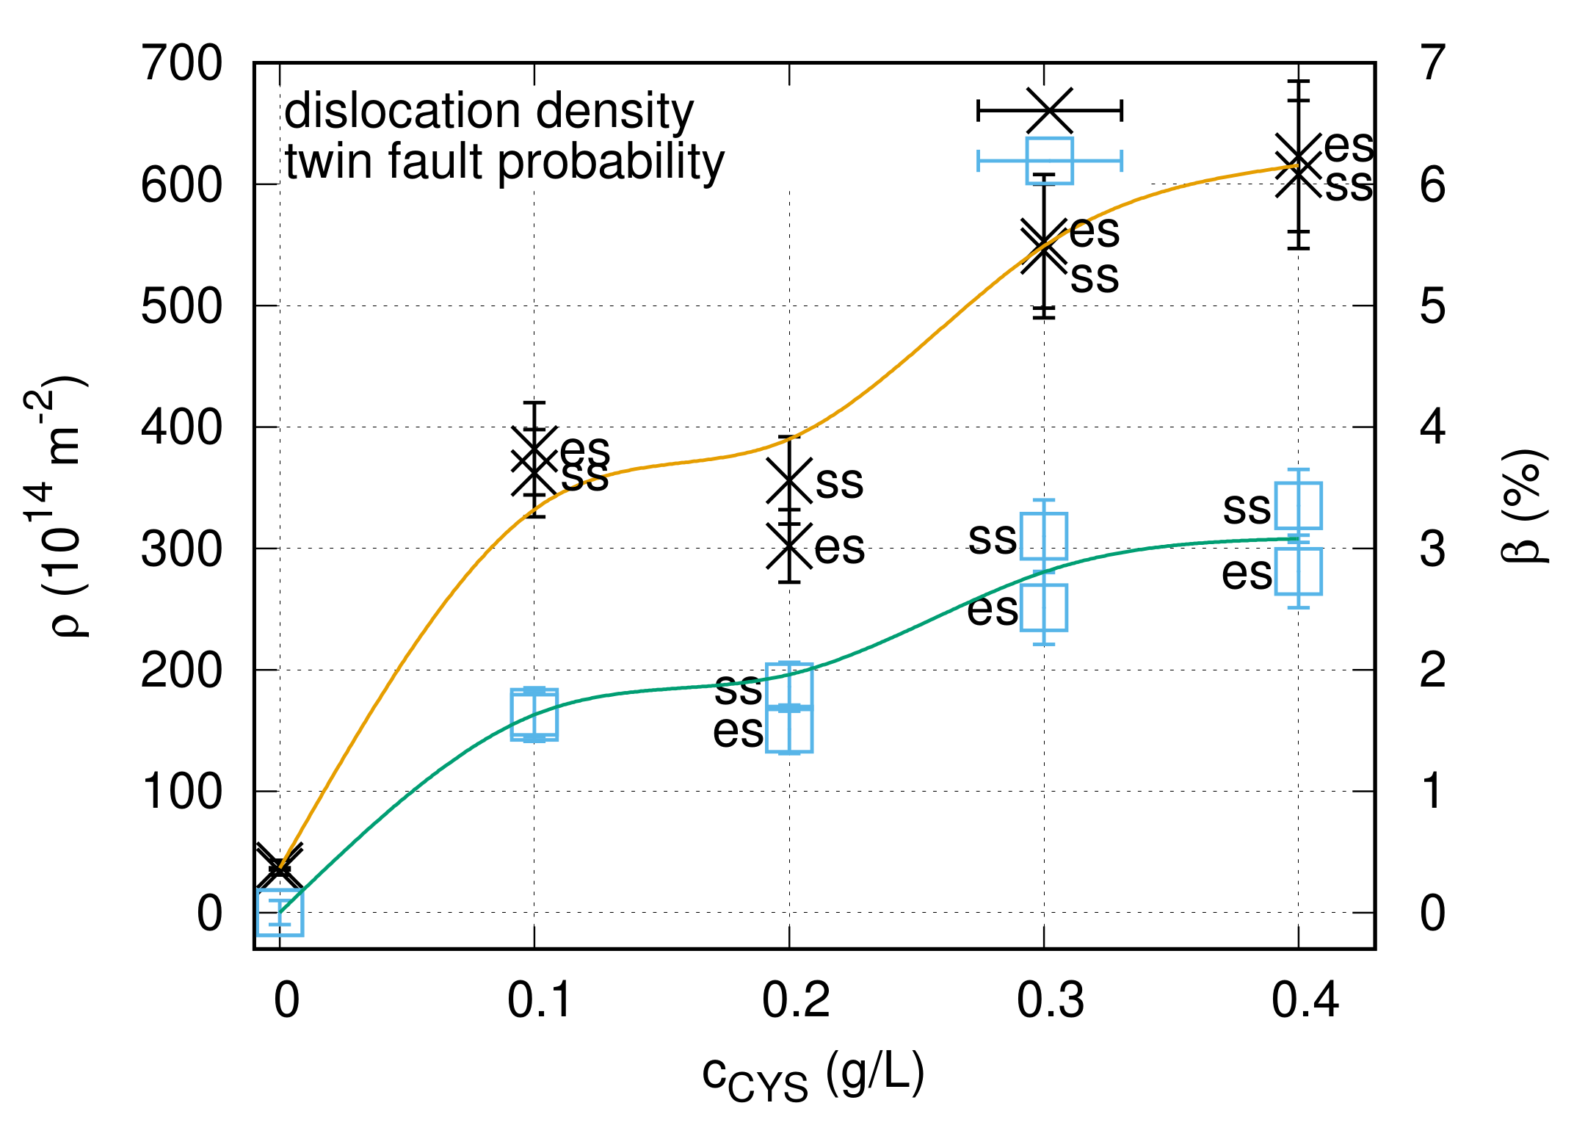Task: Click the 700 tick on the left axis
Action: coord(181,64)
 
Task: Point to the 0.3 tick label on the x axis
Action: coord(1050,1000)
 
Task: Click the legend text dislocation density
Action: coord(489,112)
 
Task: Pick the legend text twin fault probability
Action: coord(504,162)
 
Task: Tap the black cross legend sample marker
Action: coord(1050,112)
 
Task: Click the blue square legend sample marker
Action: coord(1050,161)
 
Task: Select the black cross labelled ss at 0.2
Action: coord(789,480)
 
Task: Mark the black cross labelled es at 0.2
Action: coord(789,546)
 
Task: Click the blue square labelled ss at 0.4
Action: coord(1298,505)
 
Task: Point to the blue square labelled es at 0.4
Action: coord(1298,571)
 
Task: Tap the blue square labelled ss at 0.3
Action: coord(1044,536)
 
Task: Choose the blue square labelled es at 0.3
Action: coord(1044,608)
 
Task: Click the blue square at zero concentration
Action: coord(280,912)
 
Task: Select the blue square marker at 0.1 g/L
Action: coord(534,715)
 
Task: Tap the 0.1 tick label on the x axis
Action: coord(540,1000)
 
